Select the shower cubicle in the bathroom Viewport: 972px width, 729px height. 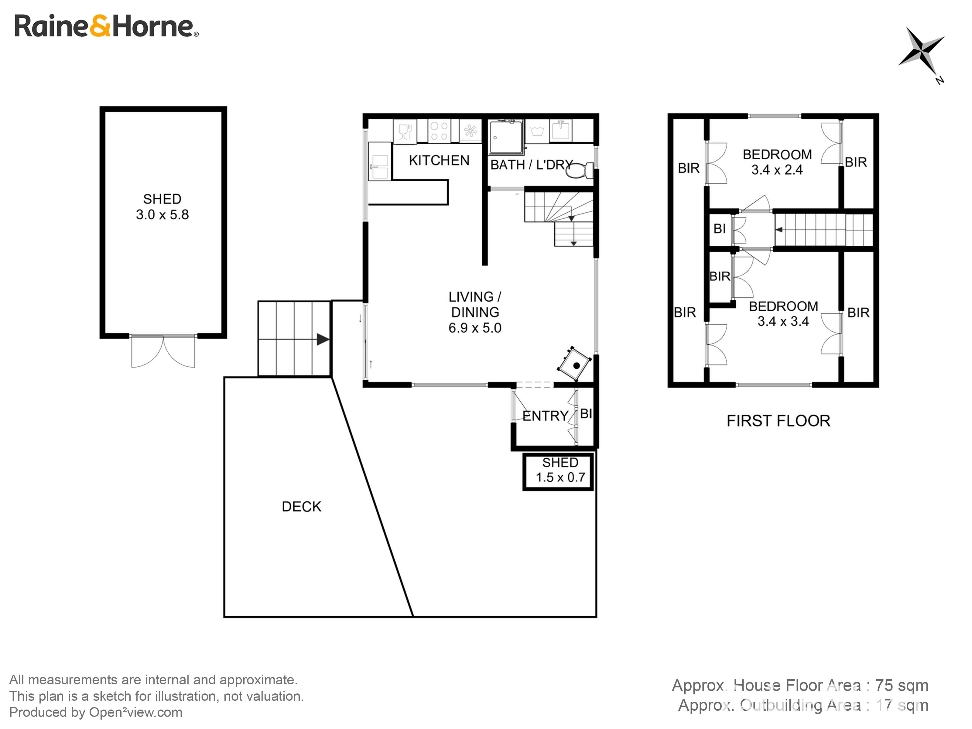506,137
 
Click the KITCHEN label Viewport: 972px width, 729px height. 439,161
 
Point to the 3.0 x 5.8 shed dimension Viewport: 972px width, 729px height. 162,215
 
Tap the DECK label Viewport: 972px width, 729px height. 301,507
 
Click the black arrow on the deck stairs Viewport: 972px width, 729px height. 323,339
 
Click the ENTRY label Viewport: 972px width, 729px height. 545,416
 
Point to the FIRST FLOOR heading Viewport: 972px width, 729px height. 778,421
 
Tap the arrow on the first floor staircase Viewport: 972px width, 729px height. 779,229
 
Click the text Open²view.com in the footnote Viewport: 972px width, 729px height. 135,712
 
